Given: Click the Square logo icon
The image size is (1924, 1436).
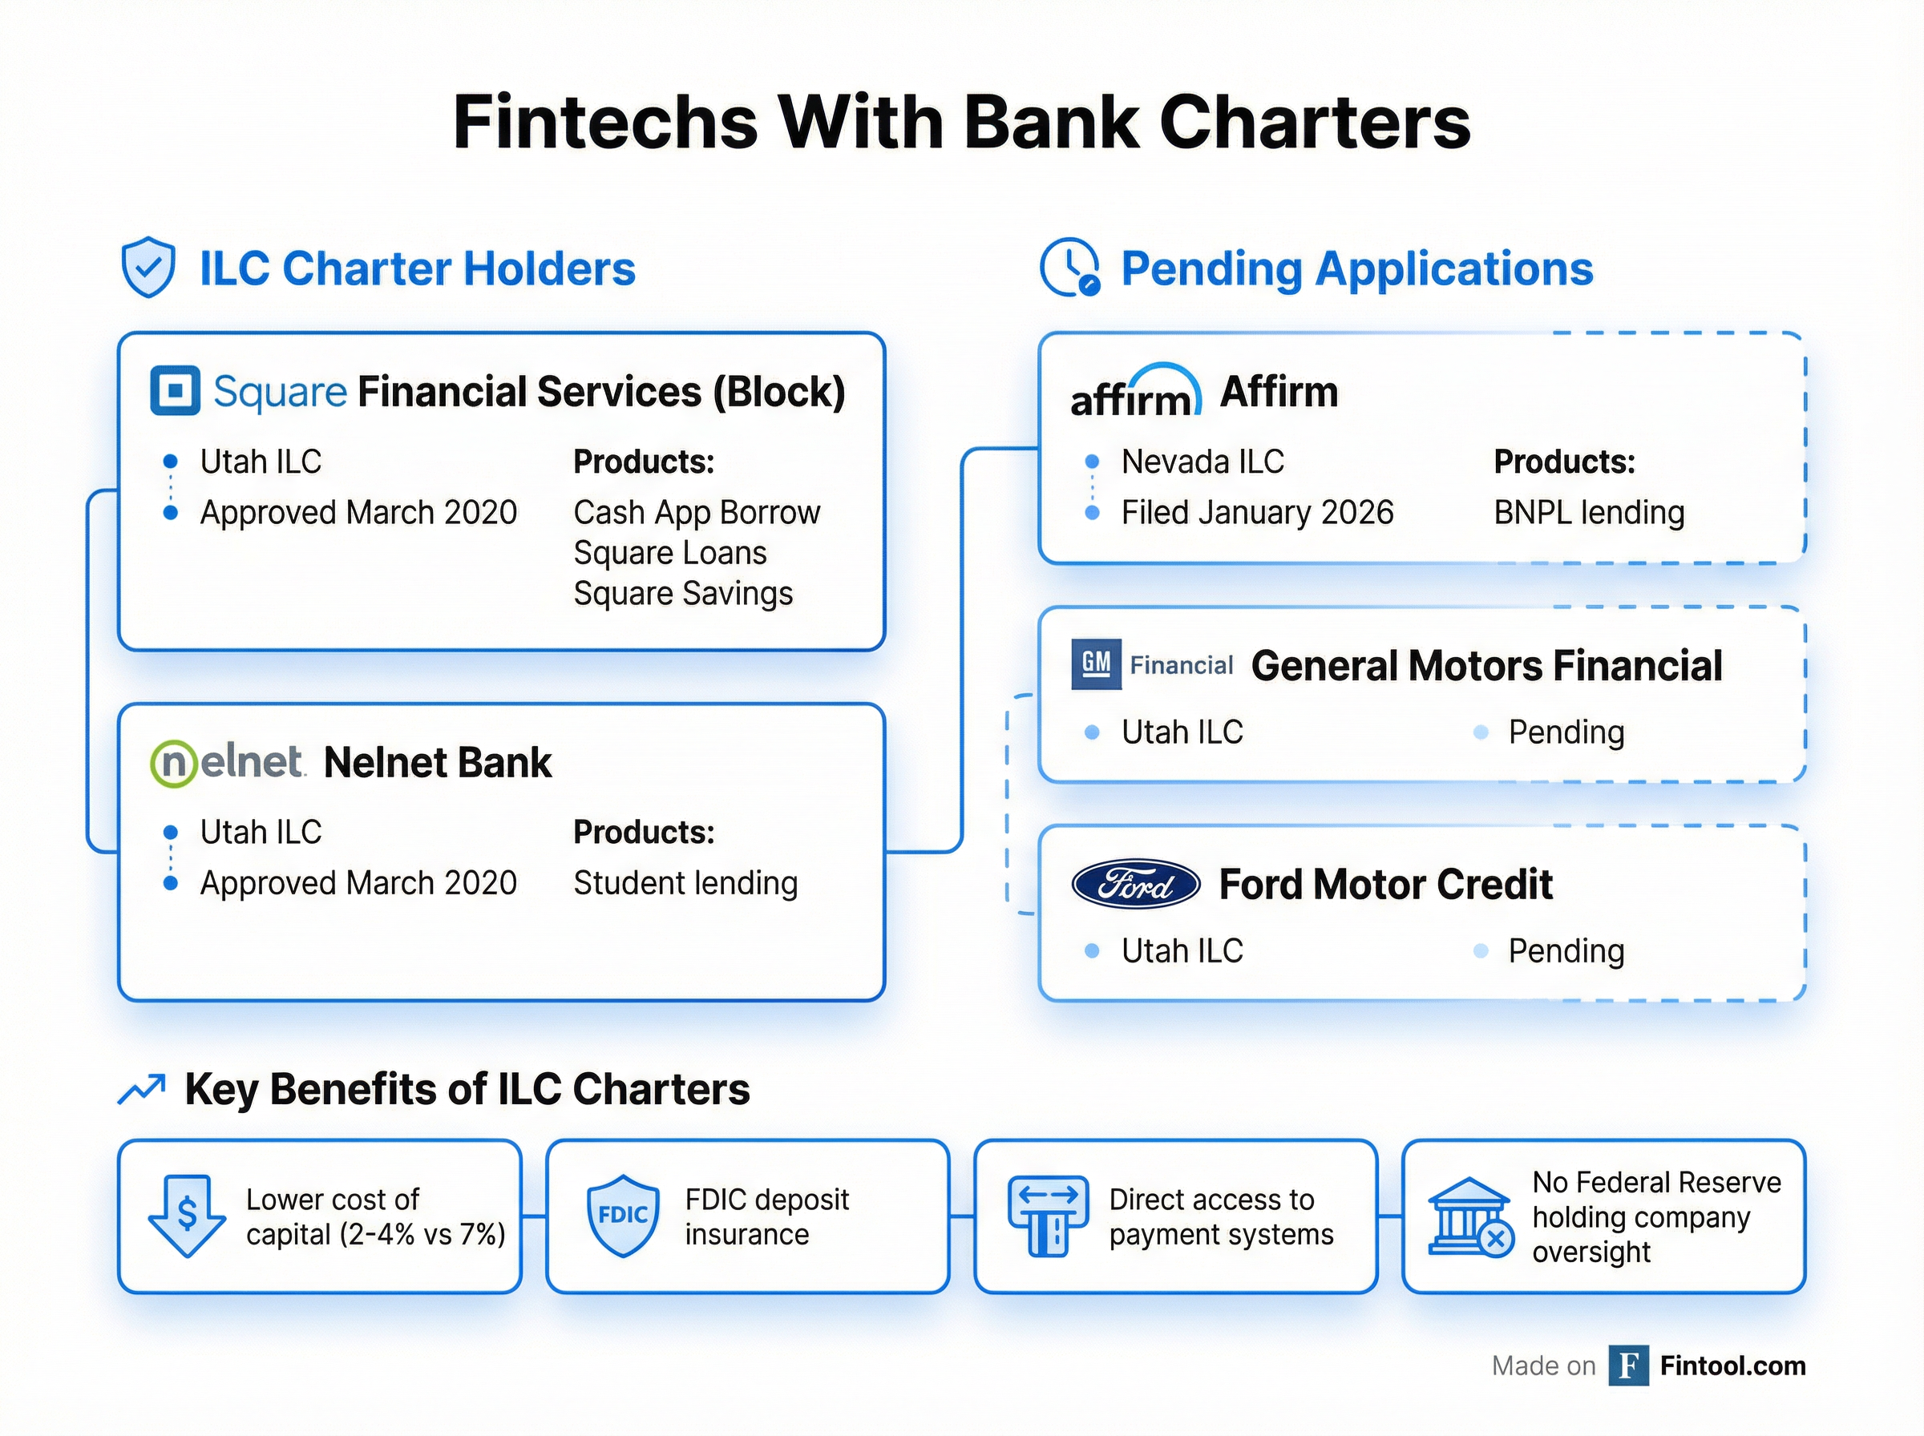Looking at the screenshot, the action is click(175, 391).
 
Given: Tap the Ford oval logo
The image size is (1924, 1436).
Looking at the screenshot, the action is click(1135, 884).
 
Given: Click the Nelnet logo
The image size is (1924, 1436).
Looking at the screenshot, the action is click(227, 763).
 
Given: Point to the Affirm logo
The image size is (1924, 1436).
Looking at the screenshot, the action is click(1136, 390).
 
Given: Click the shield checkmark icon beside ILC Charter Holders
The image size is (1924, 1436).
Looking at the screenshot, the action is click(148, 267).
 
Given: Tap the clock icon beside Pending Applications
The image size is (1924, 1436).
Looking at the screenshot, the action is click(1070, 267).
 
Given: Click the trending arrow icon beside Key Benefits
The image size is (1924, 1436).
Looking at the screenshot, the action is click(142, 1089).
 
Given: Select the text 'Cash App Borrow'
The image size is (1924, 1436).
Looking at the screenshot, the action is click(697, 513).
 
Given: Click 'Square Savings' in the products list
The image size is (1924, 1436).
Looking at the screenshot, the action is click(682, 594).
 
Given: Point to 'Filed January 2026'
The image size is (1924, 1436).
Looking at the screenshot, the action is click(1257, 513).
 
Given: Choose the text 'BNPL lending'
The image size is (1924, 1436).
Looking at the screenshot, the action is click(1589, 513).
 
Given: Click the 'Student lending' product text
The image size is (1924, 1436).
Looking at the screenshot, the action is click(685, 883).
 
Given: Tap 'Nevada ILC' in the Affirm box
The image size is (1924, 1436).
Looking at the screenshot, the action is click(1202, 462).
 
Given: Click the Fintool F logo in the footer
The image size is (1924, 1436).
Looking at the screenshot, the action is click(1628, 1365).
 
